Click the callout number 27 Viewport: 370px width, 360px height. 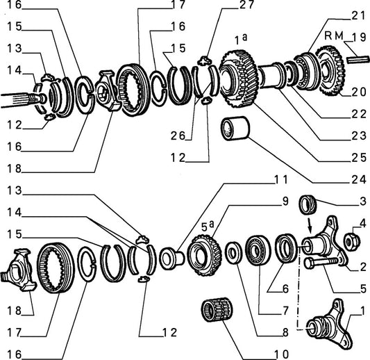click(246, 5)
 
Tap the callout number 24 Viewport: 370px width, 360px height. click(359, 180)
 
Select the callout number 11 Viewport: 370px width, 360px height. click(281, 180)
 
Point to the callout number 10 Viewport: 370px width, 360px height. click(281, 354)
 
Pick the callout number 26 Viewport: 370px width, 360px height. click(178, 136)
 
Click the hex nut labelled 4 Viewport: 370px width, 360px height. click(352, 241)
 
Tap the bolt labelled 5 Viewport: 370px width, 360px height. click(323, 263)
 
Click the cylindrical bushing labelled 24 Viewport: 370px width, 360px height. click(235, 129)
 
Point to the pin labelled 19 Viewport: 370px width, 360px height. click(358, 59)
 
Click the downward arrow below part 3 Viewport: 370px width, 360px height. click(310, 227)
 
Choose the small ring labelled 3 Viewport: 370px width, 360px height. click(308, 204)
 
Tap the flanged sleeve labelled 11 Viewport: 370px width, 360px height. click(171, 259)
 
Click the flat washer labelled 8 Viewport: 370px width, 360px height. click(233, 252)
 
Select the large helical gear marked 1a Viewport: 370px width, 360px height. click(239, 79)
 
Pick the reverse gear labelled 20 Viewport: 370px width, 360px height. click(330, 70)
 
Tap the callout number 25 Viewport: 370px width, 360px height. click(359, 158)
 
